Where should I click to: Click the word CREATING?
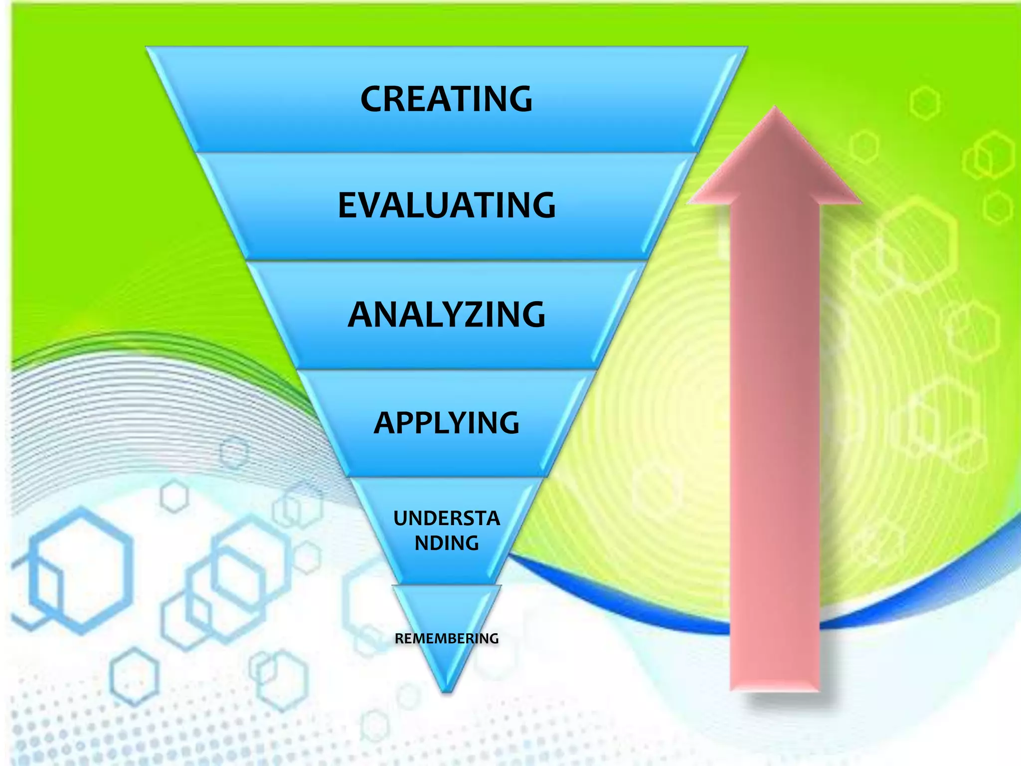pyautogui.click(x=446, y=99)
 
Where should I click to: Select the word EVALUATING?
pyautogui.click(x=446, y=205)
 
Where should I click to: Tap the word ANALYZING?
pyautogui.click(x=446, y=315)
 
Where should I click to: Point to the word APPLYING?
pyautogui.click(x=446, y=423)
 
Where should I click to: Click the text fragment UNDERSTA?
pyautogui.click(x=446, y=519)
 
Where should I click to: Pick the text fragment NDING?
pyautogui.click(x=446, y=543)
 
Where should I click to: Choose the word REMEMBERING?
pyautogui.click(x=446, y=638)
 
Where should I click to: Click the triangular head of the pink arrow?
pyautogui.click(x=775, y=160)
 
